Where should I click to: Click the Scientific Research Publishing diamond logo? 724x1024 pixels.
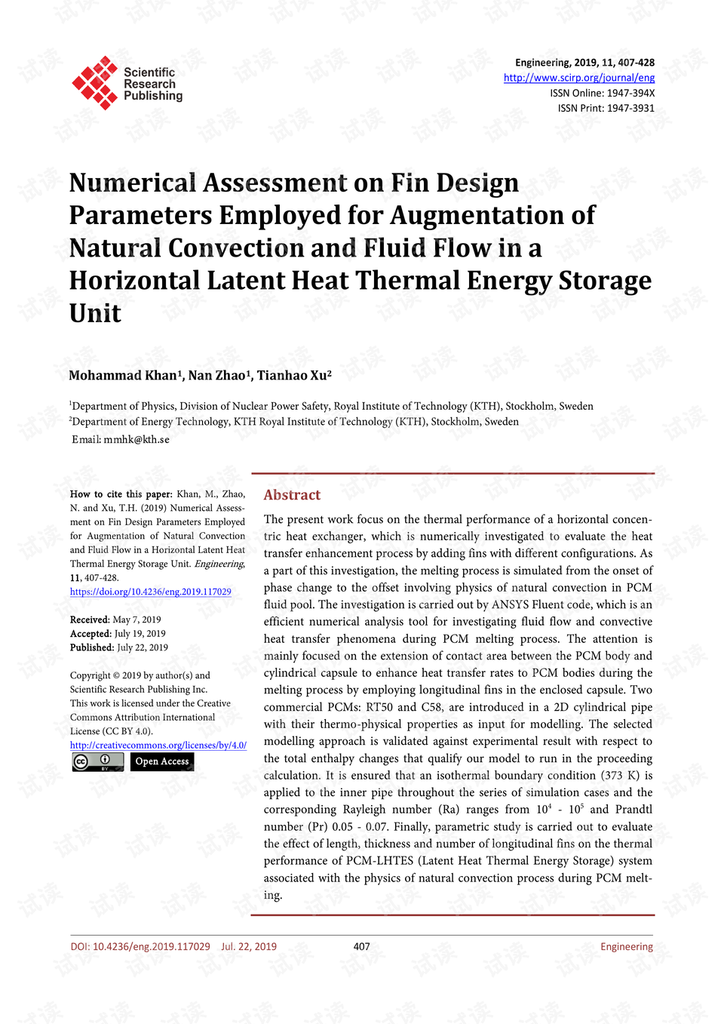pyautogui.click(x=95, y=82)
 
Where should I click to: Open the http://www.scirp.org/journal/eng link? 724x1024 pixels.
pyautogui.click(x=578, y=78)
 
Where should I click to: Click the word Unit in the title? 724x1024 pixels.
pyautogui.click(x=95, y=313)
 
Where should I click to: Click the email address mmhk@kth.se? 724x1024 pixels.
pyautogui.click(x=137, y=439)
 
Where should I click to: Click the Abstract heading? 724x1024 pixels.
pyautogui.click(x=292, y=495)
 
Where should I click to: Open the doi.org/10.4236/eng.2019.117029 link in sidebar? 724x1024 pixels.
pyautogui.click(x=151, y=592)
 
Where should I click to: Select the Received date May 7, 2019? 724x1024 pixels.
pyautogui.click(x=137, y=620)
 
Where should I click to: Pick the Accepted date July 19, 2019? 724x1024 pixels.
pyautogui.click(x=140, y=634)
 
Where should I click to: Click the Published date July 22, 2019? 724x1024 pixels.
pyautogui.click(x=143, y=647)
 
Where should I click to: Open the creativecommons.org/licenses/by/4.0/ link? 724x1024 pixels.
pyautogui.click(x=158, y=745)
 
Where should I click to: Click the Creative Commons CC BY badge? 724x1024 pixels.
pyautogui.click(x=98, y=761)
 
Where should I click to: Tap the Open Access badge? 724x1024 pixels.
pyautogui.click(x=162, y=761)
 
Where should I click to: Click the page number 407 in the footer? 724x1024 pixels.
pyautogui.click(x=362, y=946)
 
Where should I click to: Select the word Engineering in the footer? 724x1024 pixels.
pyautogui.click(x=627, y=946)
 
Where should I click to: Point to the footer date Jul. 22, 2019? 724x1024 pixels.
pyautogui.click(x=249, y=946)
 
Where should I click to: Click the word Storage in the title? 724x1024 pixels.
pyautogui.click(x=605, y=281)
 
